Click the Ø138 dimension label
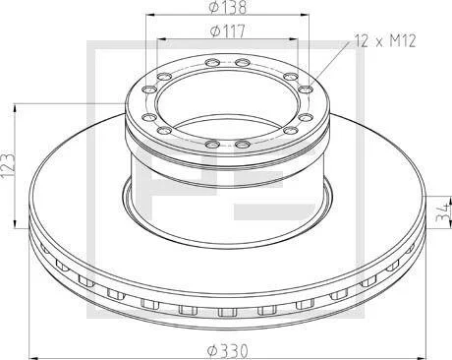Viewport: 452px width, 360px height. (x=228, y=7)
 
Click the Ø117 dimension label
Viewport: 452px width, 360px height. (x=227, y=31)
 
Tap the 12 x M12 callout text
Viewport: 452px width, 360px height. (x=386, y=41)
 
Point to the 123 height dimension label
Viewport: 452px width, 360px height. (x=8, y=165)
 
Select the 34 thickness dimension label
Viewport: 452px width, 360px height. (x=444, y=211)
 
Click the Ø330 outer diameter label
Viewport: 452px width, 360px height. (x=228, y=351)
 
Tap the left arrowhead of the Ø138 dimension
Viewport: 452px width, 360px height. (x=149, y=15)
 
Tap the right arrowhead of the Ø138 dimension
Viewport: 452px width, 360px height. (x=305, y=15)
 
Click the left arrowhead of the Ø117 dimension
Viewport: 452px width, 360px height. (x=161, y=38)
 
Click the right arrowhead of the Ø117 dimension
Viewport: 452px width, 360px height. (x=294, y=38)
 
